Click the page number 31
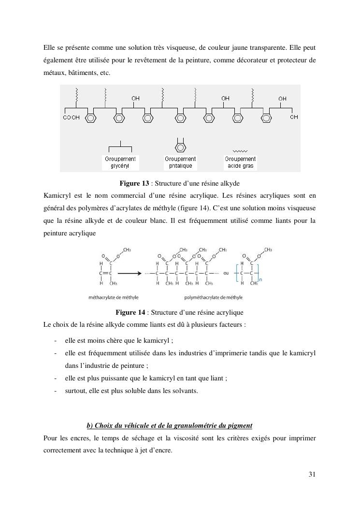pyautogui.click(x=312, y=474)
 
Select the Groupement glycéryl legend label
pyautogui.click(x=120, y=162)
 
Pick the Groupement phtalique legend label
pyautogui.click(x=180, y=162)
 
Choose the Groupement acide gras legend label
pyautogui.click(x=240, y=162)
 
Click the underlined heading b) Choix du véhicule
pyautogui.click(x=169, y=425)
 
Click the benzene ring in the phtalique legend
pyautogui.click(x=180, y=146)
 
